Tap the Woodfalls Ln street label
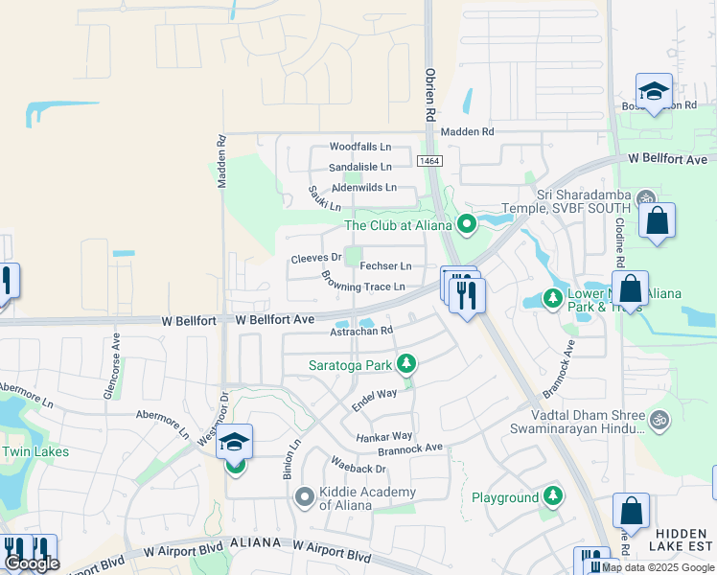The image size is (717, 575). click(360, 147)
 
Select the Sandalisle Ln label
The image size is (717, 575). click(360, 167)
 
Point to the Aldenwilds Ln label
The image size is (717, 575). click(363, 187)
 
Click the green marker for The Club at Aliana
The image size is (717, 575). click(467, 225)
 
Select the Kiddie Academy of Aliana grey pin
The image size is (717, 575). click(305, 496)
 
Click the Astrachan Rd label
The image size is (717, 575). click(361, 331)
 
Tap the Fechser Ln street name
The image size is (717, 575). click(386, 265)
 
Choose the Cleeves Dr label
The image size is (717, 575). click(316, 258)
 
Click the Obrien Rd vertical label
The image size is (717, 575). click(430, 93)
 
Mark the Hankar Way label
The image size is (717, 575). click(384, 436)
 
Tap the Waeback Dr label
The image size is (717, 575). click(358, 468)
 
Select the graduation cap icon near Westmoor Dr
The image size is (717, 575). click(234, 442)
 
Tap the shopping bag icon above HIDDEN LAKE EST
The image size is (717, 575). click(631, 511)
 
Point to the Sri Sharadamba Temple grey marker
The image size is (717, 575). click(645, 199)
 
